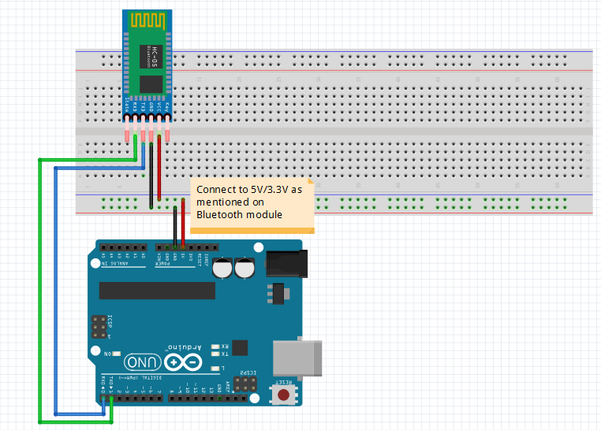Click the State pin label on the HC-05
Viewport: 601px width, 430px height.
127,104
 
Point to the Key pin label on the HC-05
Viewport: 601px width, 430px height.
167,104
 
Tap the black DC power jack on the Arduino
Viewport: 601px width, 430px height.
285,263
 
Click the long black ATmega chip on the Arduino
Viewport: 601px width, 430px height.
158,290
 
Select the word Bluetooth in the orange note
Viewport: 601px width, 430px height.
220,213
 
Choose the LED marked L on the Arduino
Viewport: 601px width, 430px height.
215,369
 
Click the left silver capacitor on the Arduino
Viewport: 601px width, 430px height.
226,268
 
